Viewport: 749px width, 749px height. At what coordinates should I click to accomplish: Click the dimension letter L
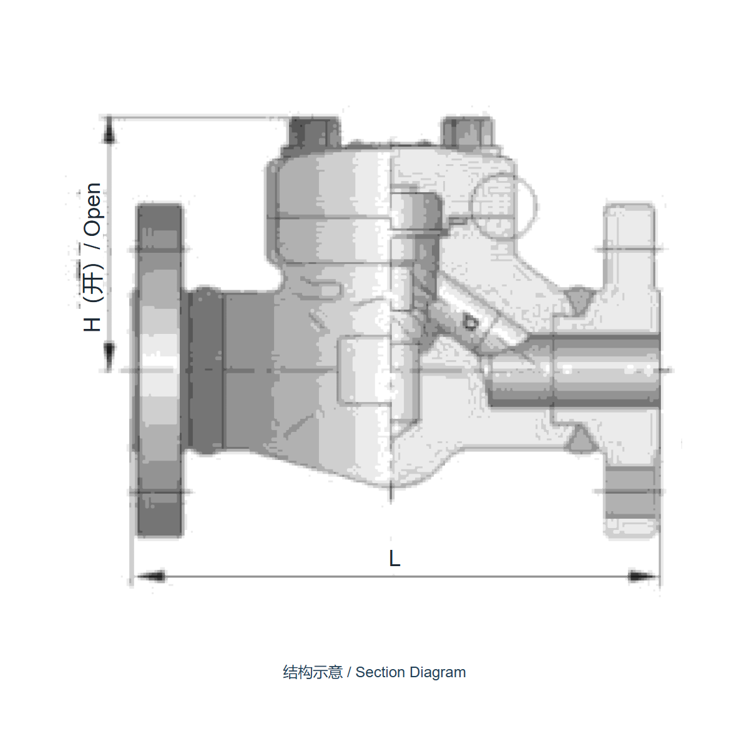[394, 558]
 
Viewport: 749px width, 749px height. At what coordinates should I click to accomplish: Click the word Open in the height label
[93, 209]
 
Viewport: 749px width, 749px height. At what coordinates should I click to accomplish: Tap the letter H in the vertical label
[92, 324]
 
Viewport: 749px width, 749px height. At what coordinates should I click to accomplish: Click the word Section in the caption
[380, 672]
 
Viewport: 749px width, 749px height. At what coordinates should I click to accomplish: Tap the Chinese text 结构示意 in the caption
[313, 673]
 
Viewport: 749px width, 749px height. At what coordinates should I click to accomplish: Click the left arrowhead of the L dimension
[151, 576]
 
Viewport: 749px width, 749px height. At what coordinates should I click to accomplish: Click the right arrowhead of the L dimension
[642, 576]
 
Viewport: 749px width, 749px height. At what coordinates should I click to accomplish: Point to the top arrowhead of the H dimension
[109, 130]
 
